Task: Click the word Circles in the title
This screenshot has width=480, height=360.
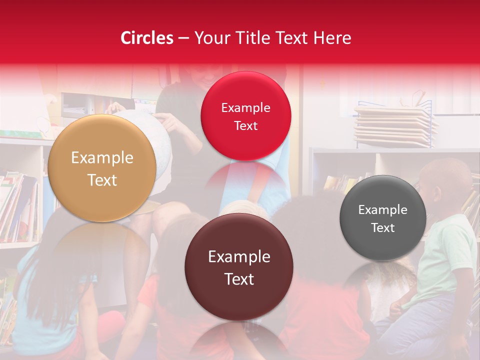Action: point(147,38)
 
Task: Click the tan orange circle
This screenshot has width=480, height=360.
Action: point(102,168)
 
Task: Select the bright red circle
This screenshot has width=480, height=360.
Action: point(245,116)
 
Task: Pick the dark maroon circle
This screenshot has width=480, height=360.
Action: point(238,267)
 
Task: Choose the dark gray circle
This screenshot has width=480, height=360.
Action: point(382,218)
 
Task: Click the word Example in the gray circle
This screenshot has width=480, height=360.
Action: point(382,210)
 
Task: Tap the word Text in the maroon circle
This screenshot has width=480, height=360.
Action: point(239,279)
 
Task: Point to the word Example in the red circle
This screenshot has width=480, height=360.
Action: point(245,108)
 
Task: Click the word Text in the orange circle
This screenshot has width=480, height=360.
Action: point(102,180)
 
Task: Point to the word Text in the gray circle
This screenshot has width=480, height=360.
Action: point(382,228)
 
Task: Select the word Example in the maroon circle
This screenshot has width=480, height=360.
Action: point(239,257)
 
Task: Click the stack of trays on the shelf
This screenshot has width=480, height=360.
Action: point(395,125)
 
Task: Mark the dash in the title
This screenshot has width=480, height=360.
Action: point(183,38)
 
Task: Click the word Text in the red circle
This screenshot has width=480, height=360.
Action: point(245,126)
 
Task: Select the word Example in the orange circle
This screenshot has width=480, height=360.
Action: point(102,158)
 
